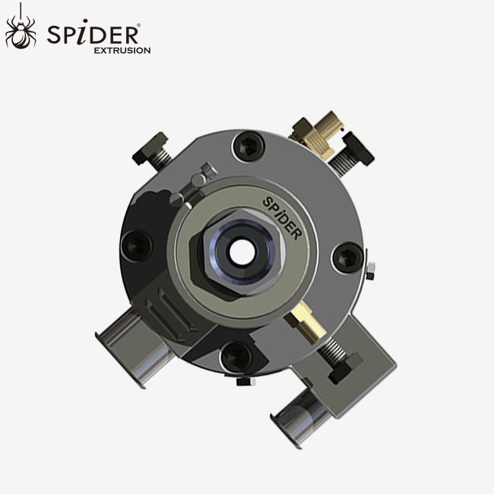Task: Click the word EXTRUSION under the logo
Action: [122, 50]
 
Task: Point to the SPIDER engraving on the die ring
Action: [282, 215]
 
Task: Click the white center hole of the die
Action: [242, 252]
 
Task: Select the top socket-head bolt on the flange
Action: [247, 146]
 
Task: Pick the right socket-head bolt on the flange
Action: [347, 257]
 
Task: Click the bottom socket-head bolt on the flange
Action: [236, 355]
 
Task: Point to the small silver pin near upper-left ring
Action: [200, 179]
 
